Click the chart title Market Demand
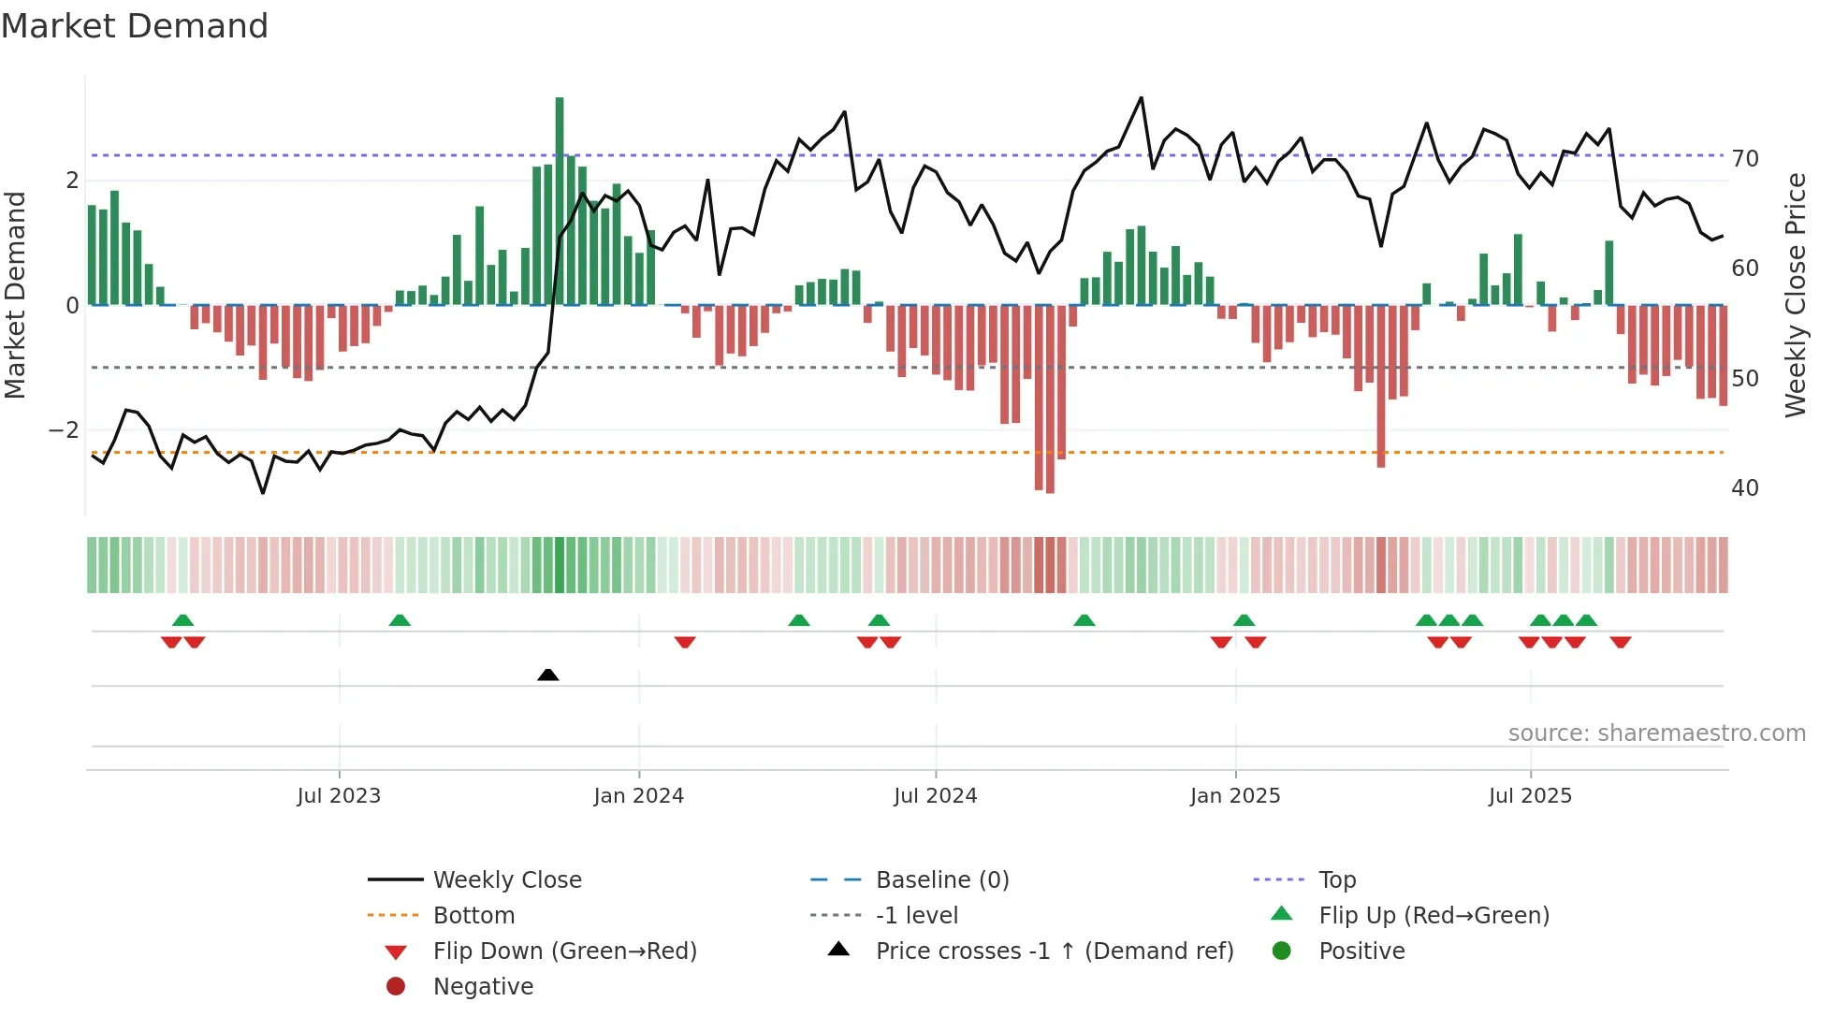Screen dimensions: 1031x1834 135,26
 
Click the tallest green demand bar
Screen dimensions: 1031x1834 560,201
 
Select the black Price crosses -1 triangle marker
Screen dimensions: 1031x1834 548,675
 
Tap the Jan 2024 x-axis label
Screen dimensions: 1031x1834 638,796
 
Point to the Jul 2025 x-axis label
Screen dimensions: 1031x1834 1530,796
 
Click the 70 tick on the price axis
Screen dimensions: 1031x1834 1744,159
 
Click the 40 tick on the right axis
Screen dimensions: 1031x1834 1744,488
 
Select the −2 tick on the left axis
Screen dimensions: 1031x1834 64,430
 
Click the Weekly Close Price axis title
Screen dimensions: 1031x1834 1795,295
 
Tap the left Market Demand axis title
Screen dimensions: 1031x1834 16,295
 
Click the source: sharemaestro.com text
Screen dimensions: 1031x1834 1656,733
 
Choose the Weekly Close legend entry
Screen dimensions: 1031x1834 506,880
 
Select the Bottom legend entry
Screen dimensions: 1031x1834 473,916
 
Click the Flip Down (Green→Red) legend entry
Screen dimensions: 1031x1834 564,951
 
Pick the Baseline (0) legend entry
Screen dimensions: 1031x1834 941,880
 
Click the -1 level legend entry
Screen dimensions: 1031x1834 916,916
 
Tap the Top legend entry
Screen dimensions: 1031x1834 1336,880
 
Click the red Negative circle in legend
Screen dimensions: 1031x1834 396,987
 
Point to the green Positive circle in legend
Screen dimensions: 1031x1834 1282,951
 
